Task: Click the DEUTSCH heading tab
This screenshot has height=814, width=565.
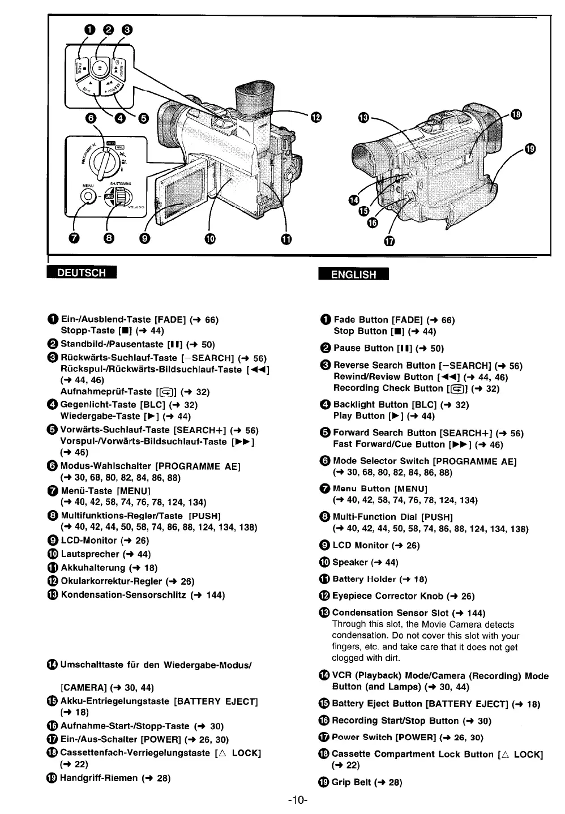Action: (83, 272)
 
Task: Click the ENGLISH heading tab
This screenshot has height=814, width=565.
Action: (353, 275)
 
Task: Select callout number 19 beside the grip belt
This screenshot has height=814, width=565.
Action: (529, 149)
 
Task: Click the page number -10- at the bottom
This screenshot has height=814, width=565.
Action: (297, 800)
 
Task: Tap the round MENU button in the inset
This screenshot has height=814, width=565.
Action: (88, 196)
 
